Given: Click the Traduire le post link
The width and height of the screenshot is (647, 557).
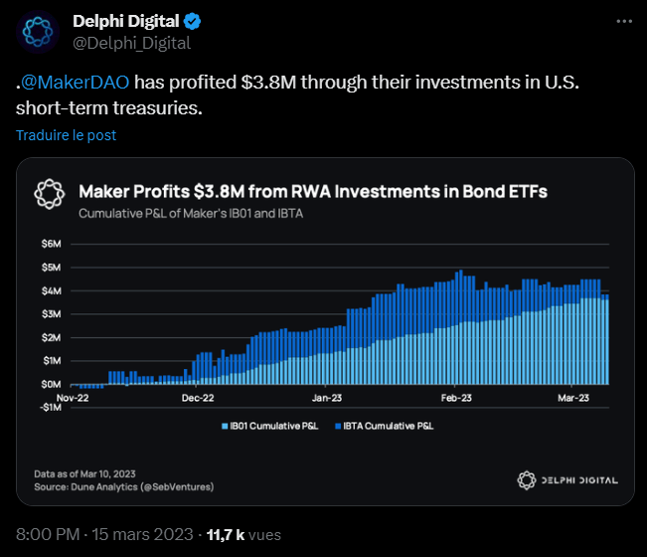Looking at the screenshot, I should (66, 134).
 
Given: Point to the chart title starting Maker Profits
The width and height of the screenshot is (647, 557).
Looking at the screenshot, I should (312, 190).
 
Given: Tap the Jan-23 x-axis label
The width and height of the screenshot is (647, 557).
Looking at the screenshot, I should (327, 398).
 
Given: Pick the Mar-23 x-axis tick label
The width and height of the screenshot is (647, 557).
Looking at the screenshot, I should (572, 398).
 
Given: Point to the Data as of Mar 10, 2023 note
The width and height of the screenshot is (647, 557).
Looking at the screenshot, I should (86, 473).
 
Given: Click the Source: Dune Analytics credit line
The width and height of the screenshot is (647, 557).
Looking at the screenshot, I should (123, 486).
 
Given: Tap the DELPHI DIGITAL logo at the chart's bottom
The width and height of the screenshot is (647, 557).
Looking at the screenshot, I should (567, 480).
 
